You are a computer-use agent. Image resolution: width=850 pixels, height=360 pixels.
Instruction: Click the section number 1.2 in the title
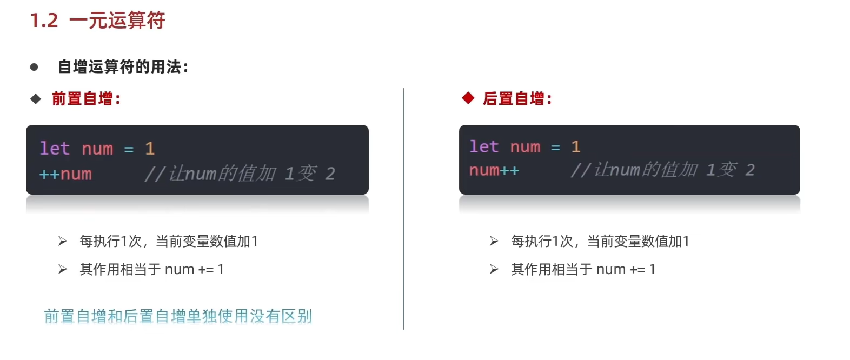click(x=44, y=21)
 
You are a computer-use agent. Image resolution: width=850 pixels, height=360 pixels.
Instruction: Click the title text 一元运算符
click(x=117, y=21)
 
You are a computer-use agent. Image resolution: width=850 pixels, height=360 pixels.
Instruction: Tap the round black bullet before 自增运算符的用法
click(x=34, y=67)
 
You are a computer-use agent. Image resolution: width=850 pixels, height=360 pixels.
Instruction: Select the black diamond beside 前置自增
click(x=36, y=99)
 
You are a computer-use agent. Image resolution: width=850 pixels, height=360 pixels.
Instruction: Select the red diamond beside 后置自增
click(x=468, y=98)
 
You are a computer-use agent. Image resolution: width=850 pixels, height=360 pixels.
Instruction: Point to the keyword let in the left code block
click(x=55, y=149)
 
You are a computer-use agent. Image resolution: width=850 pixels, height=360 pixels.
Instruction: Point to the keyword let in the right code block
click(x=483, y=146)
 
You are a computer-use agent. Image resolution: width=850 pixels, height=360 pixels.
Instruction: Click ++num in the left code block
click(x=65, y=174)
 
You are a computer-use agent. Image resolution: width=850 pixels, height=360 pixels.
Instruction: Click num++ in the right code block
click(x=494, y=170)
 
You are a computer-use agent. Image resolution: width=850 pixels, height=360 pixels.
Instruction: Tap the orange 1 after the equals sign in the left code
click(x=150, y=149)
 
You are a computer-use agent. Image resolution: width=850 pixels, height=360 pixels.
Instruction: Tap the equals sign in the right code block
click(x=555, y=147)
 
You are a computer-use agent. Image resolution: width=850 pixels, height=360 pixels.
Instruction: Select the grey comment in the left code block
click(x=240, y=174)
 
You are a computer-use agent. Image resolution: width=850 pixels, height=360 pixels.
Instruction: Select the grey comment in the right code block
click(x=662, y=170)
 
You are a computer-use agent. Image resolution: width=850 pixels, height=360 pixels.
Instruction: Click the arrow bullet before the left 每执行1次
click(x=63, y=241)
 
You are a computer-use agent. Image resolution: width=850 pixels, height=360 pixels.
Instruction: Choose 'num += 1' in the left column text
click(x=194, y=269)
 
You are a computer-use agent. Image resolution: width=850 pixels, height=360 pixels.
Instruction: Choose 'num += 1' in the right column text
click(x=626, y=269)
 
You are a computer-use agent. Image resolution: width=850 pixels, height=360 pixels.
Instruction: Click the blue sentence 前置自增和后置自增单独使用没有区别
click(x=178, y=316)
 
